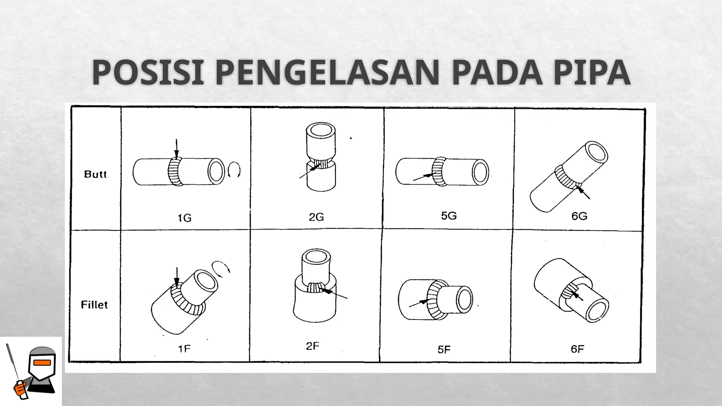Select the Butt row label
[x=95, y=174]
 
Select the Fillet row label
[x=94, y=304]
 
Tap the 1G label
[x=184, y=218]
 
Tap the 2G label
[x=316, y=217]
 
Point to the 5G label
[x=449, y=215]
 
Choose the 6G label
[x=579, y=216]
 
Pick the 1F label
[x=184, y=349]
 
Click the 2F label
[x=312, y=346]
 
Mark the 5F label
[x=444, y=349]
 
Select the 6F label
[x=577, y=349]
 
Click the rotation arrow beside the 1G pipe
[x=234, y=170]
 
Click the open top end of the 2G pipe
[x=321, y=130]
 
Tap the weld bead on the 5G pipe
[x=439, y=171]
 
